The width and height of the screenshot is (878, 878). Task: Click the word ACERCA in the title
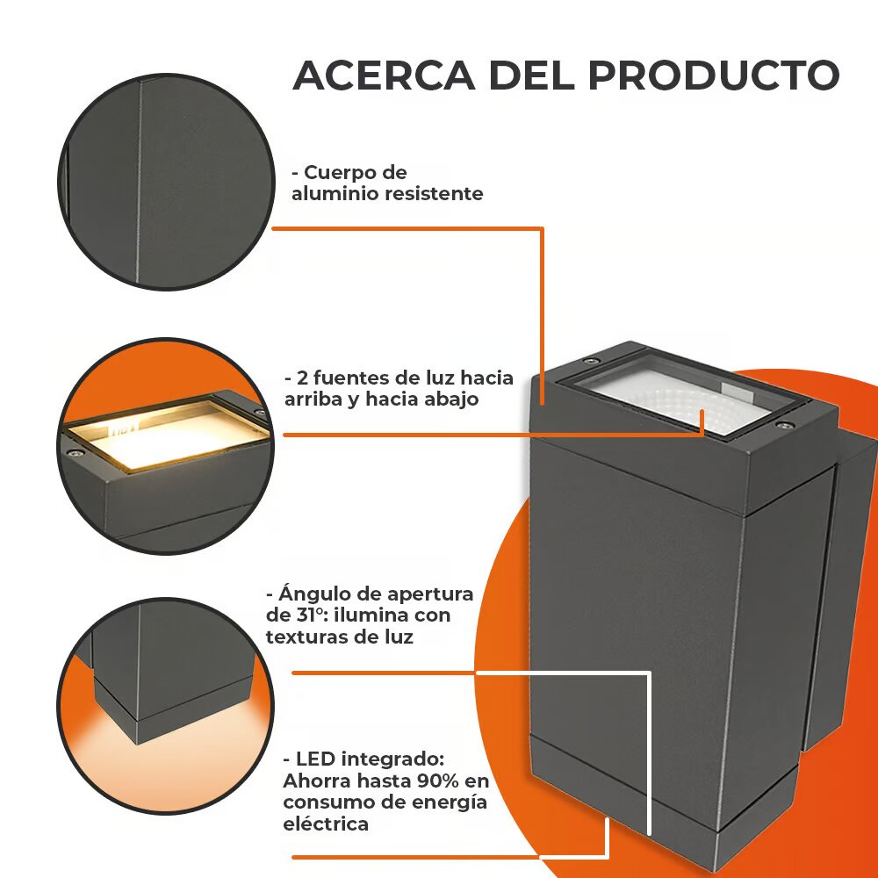[385, 75]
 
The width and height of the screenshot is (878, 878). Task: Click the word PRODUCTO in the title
[714, 75]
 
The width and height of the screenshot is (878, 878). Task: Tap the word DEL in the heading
[532, 75]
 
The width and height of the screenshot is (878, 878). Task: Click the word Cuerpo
[342, 174]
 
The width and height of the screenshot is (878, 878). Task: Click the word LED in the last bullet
[315, 759]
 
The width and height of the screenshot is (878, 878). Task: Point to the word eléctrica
[326, 824]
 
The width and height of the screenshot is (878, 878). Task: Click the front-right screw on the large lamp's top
[784, 426]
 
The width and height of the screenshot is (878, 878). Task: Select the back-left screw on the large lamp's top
[588, 361]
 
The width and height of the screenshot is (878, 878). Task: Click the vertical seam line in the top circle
[139, 182]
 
